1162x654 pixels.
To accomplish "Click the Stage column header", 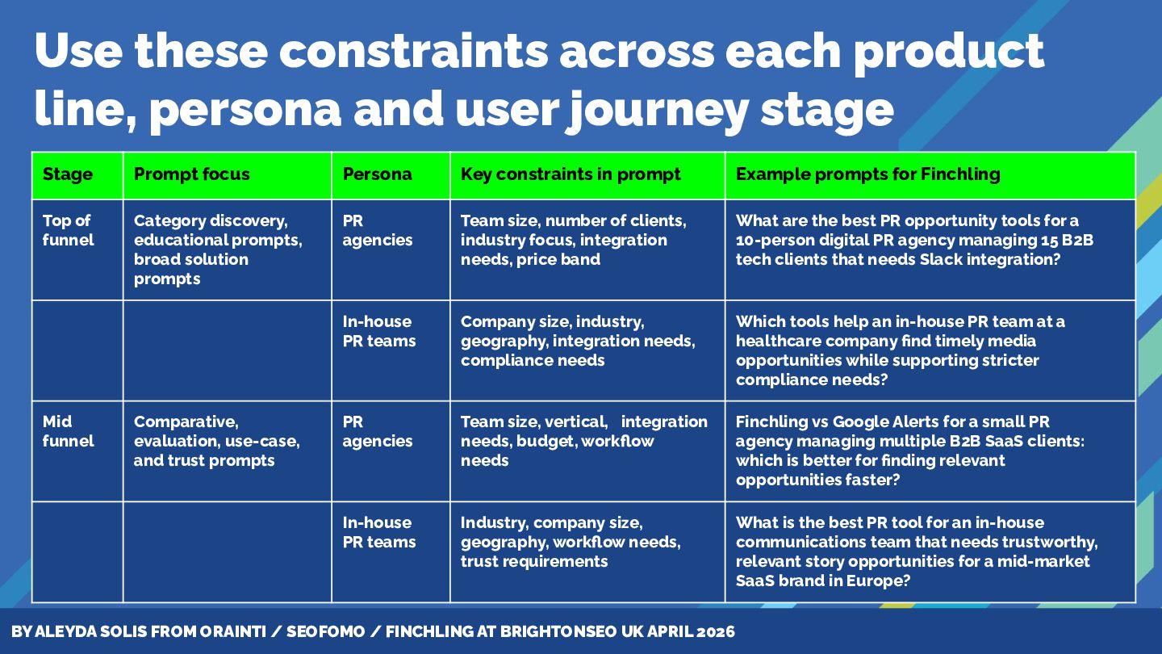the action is click(68, 174).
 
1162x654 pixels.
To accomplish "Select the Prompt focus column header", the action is click(192, 174).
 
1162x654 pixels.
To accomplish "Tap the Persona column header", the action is click(378, 174).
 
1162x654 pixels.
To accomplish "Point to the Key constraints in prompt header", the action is click(571, 174).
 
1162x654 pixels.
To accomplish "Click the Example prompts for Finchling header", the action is click(868, 174).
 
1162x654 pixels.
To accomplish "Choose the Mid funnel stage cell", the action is click(69, 431).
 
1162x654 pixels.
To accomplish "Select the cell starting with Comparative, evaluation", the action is click(216, 441).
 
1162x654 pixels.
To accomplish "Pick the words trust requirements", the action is click(534, 561).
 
